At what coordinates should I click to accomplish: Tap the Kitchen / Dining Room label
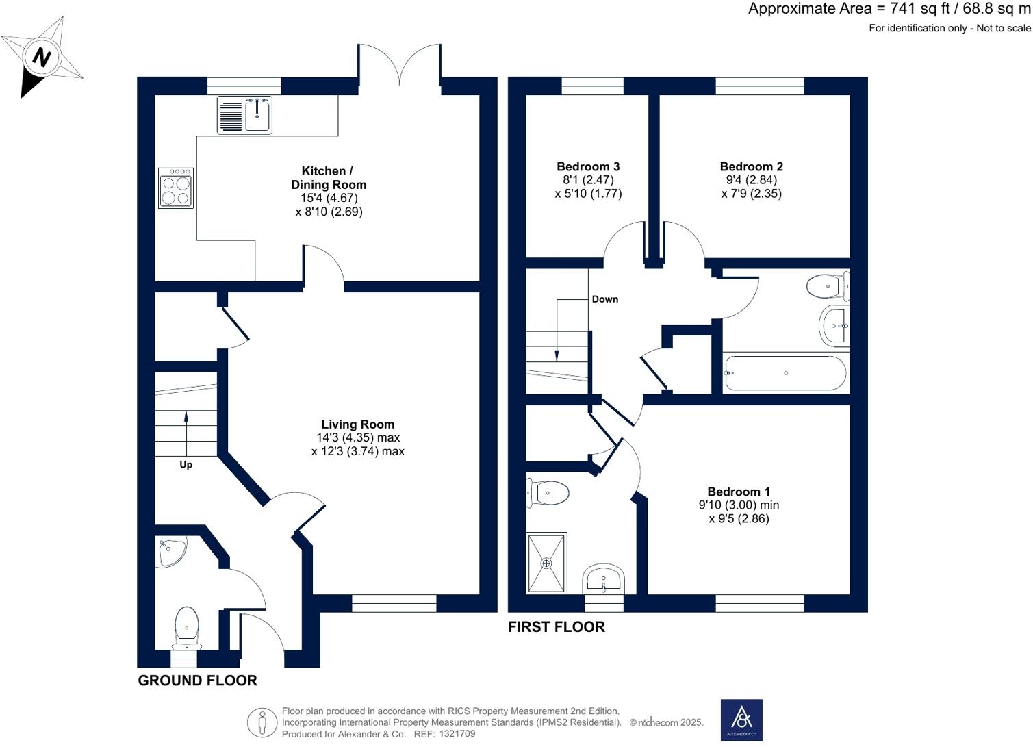pos(329,178)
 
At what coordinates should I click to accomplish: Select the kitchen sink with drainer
pos(244,114)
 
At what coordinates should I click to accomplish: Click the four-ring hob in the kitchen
pos(175,188)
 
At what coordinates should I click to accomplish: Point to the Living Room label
pos(357,424)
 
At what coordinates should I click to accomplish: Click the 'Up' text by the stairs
pos(186,465)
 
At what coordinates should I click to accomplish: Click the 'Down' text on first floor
pos(604,299)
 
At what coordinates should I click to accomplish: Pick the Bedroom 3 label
pos(588,166)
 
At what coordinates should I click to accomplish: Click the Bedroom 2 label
pos(751,166)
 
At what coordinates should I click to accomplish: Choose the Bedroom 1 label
pos(739,492)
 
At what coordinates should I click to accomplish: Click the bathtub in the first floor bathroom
pos(785,373)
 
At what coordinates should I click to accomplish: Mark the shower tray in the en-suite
pos(546,563)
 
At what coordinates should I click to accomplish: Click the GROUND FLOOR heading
pos(197,681)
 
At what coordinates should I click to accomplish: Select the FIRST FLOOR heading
pos(556,627)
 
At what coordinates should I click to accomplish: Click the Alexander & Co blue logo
pos(741,720)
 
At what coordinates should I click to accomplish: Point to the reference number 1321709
pos(457,734)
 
